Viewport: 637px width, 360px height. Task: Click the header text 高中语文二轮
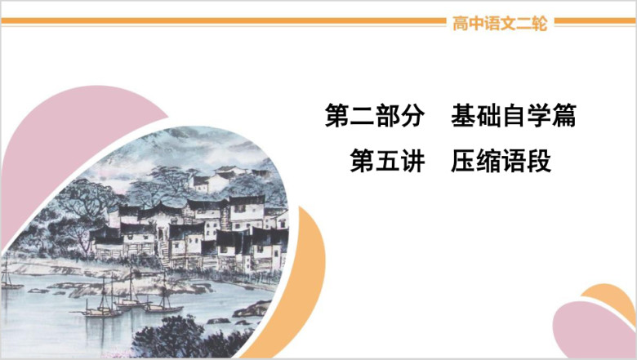click(x=500, y=23)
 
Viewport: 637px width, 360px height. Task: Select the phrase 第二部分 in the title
click(x=375, y=116)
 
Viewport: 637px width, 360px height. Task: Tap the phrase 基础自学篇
click(x=514, y=116)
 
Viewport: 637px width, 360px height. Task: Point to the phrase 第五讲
click(x=387, y=161)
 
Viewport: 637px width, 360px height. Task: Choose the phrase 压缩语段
click(x=501, y=161)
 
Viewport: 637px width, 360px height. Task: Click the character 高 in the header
click(x=461, y=23)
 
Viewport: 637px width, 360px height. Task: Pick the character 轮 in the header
click(x=540, y=23)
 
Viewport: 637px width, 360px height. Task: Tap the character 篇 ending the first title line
click(x=564, y=116)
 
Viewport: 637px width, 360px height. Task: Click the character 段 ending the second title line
click(x=539, y=161)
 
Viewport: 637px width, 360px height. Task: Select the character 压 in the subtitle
click(x=463, y=161)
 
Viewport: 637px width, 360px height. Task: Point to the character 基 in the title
click(x=464, y=116)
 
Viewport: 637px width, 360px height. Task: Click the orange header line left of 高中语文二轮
click(x=224, y=20)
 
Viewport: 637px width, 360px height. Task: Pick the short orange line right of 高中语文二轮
click(x=595, y=20)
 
